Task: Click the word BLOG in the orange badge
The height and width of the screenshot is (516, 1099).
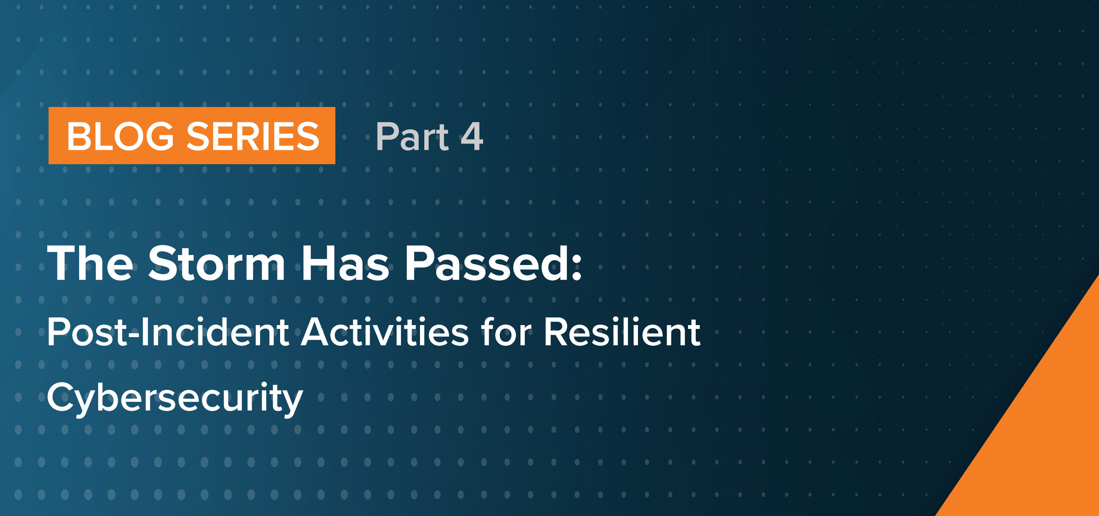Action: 120,136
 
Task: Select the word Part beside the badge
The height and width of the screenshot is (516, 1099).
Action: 412,137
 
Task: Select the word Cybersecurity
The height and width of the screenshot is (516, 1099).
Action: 175,398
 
